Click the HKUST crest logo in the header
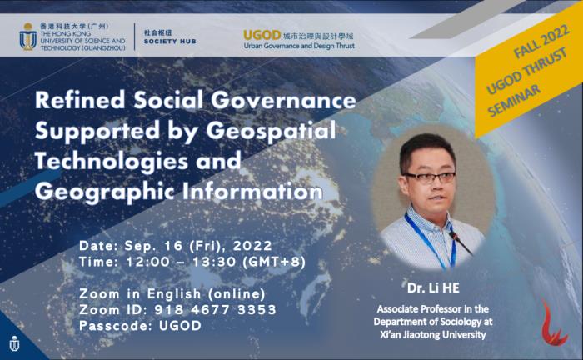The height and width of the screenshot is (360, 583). pyautogui.click(x=27, y=37)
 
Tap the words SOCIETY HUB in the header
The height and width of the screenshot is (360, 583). pyautogui.click(x=170, y=42)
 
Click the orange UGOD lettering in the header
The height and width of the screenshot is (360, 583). pyautogui.click(x=262, y=35)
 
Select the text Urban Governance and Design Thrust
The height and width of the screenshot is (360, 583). pyautogui.click(x=299, y=46)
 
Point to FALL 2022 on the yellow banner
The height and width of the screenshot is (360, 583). pyautogui.click(x=541, y=42)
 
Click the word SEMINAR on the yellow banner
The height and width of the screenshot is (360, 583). pyautogui.click(x=514, y=100)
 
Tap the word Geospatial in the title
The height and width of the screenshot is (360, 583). pyautogui.click(x=271, y=131)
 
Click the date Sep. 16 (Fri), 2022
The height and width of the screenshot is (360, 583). pyautogui.click(x=198, y=246)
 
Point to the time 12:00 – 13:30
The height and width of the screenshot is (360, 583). pyautogui.click(x=182, y=262)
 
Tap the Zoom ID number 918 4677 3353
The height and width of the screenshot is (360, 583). pyautogui.click(x=215, y=310)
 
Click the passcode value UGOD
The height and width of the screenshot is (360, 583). pyautogui.click(x=181, y=326)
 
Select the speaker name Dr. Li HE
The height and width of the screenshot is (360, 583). pyautogui.click(x=433, y=288)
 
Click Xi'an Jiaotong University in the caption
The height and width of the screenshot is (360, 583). pyautogui.click(x=433, y=335)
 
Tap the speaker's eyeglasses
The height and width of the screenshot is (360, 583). pyautogui.click(x=431, y=177)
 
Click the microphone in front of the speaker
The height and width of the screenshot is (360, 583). pyautogui.click(x=461, y=242)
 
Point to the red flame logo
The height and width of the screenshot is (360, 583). pyautogui.click(x=554, y=322)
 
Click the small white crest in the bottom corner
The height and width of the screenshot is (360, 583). pyautogui.click(x=14, y=343)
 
